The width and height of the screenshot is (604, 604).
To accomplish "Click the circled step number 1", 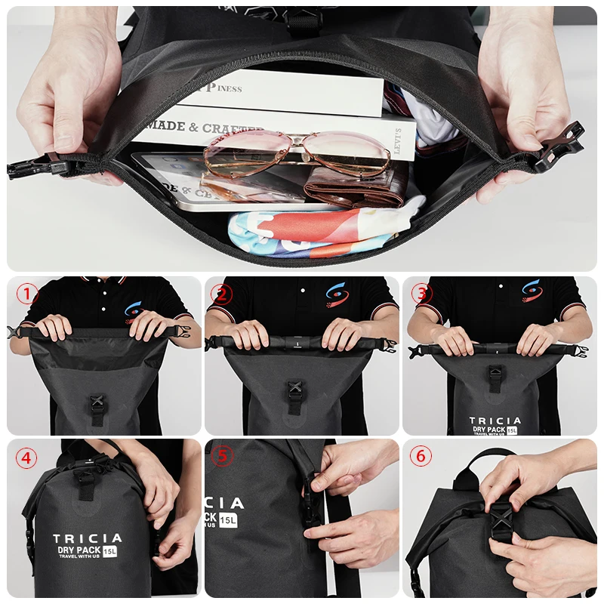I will coord(28,294).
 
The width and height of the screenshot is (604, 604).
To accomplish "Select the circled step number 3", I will coord(421,294).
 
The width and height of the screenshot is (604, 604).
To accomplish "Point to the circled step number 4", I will coord(28,458).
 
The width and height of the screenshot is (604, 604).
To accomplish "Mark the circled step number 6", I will coord(421,458).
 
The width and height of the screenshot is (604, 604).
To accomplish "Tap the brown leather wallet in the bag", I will coord(356,188).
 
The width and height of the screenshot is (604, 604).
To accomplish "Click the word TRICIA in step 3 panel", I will coord(495,421).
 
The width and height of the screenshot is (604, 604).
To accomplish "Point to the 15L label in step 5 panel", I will coord(229,519).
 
